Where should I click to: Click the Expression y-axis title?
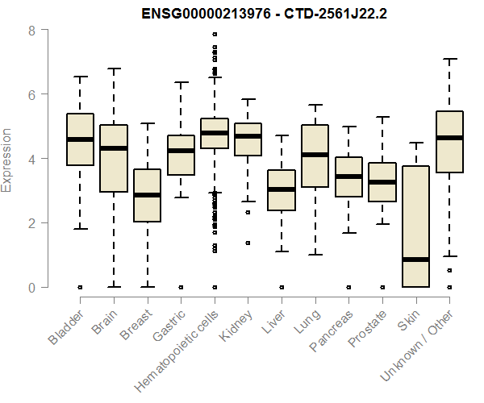(x=7, y=160)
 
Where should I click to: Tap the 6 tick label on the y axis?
(x=31, y=94)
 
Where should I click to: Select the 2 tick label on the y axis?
(x=31, y=223)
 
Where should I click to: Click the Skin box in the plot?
(x=415, y=226)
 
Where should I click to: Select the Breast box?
(x=147, y=195)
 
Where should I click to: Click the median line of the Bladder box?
(x=80, y=139)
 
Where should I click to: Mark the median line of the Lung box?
(x=315, y=154)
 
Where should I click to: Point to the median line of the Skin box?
(x=415, y=260)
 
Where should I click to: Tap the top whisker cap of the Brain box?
(x=114, y=69)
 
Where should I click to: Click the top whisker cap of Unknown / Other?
(x=449, y=59)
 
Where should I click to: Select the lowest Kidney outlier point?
(x=248, y=243)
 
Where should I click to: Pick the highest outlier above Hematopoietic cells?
(x=214, y=35)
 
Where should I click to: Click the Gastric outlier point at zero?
(x=181, y=287)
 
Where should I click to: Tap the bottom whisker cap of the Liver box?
(x=282, y=251)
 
